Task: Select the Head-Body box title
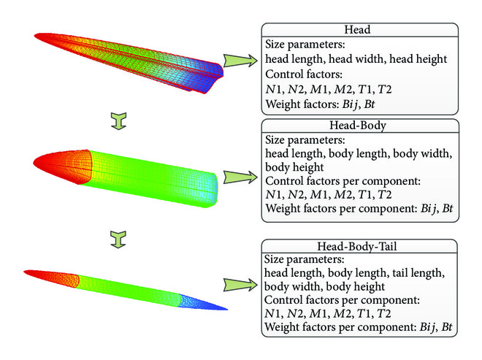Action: pos(359,126)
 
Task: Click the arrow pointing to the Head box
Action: pos(238,58)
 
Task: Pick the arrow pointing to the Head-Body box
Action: pos(238,178)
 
